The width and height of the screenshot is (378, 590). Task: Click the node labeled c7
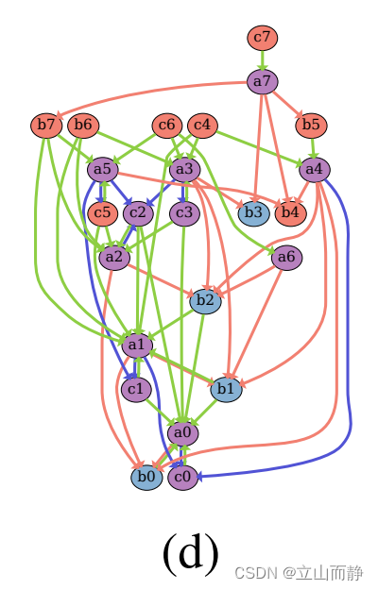tap(263, 38)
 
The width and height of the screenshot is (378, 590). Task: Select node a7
tap(263, 81)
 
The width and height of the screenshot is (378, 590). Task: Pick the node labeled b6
tap(83, 125)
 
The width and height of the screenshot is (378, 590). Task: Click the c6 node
tap(167, 125)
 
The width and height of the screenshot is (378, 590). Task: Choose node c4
tap(202, 125)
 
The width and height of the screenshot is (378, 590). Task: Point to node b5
tap(310, 125)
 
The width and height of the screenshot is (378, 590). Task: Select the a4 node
tap(314, 170)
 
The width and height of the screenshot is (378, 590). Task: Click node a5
tap(102, 170)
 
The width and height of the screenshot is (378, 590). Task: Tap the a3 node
tap(184, 170)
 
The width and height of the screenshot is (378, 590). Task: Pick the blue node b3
tap(251, 212)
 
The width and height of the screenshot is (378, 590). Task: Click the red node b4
tap(290, 212)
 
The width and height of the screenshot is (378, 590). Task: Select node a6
tap(287, 257)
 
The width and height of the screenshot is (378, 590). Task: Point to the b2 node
tap(205, 301)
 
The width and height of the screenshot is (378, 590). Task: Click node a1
tap(137, 345)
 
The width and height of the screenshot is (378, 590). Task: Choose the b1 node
tap(226, 388)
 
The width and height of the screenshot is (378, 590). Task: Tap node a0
tap(183, 432)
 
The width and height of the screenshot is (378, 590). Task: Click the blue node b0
tap(146, 478)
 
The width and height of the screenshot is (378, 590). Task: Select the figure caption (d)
tap(191, 552)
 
